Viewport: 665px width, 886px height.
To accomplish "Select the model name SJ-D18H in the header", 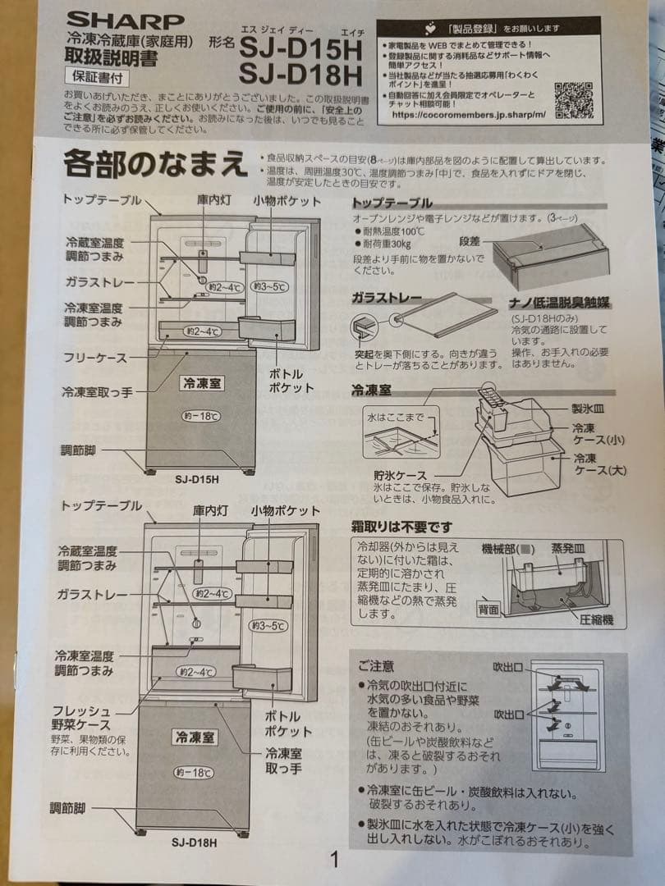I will point(300,75).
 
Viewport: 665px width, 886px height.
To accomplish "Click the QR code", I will point(572,100).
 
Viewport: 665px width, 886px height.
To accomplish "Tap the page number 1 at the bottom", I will point(334,859).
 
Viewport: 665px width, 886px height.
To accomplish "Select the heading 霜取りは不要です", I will point(401,526).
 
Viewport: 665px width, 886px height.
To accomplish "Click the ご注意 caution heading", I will point(376,665).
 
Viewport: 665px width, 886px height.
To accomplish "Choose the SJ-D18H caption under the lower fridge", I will point(195,842).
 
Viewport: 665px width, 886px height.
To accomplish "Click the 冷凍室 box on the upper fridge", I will point(201,383).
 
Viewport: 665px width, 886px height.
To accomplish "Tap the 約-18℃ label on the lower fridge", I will point(195,772).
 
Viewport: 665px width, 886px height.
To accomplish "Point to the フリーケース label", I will point(94,358).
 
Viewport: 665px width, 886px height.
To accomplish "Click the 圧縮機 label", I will point(597,620).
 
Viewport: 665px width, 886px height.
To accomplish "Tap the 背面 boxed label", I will point(488,610).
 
